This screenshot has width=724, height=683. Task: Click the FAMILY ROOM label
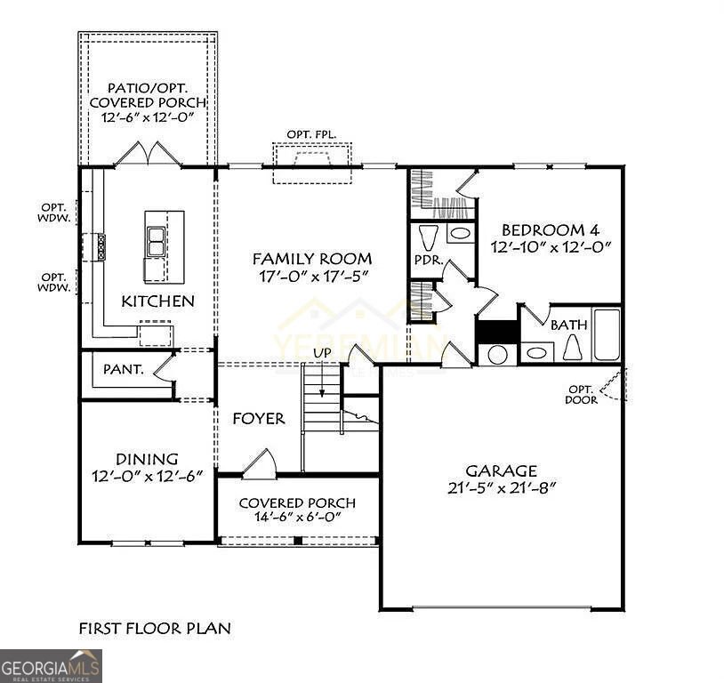311,259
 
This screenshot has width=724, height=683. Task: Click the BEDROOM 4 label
542,229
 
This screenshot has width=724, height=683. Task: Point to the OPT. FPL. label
311,134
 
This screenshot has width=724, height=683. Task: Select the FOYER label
259,418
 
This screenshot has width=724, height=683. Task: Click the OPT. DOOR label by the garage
583,395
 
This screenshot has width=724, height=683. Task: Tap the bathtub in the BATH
607,334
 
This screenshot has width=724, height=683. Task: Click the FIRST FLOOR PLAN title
155,628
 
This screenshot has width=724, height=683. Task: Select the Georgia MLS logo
51,665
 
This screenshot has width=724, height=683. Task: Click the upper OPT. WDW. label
56,213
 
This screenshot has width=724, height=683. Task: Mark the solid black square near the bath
496,331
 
